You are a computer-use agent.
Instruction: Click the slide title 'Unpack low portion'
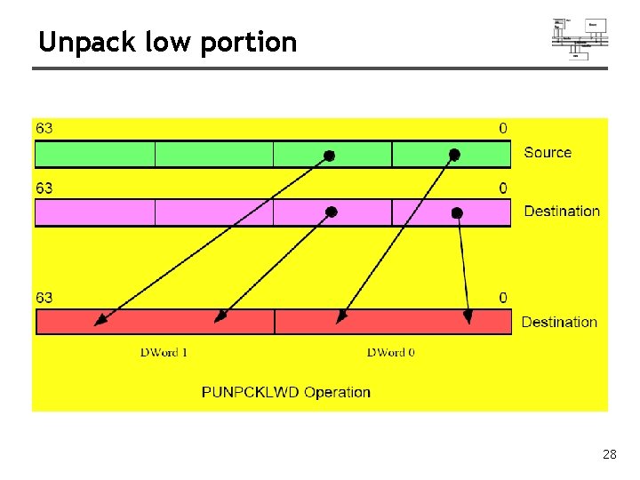(167, 42)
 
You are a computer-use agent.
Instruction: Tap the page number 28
(609, 454)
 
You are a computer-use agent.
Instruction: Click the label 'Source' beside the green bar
(548, 152)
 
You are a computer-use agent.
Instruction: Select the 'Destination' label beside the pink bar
(562, 211)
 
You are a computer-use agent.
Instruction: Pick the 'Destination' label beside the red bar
(559, 322)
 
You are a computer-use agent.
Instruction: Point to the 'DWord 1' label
(164, 353)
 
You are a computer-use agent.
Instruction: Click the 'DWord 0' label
(391, 353)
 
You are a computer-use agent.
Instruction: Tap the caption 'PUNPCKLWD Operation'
(286, 392)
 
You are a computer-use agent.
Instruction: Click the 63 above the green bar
(44, 128)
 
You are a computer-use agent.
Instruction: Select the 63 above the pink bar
(44, 188)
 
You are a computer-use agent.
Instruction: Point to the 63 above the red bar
(44, 298)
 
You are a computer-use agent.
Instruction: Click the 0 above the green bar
(503, 128)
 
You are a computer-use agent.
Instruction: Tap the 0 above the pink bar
(503, 188)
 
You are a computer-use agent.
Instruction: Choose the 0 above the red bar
(503, 298)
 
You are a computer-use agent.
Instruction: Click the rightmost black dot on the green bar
(454, 155)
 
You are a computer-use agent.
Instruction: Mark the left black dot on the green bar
(329, 156)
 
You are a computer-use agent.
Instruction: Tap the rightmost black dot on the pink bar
(457, 213)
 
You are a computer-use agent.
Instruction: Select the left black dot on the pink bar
(332, 212)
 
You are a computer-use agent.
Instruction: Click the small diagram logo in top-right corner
(580, 38)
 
